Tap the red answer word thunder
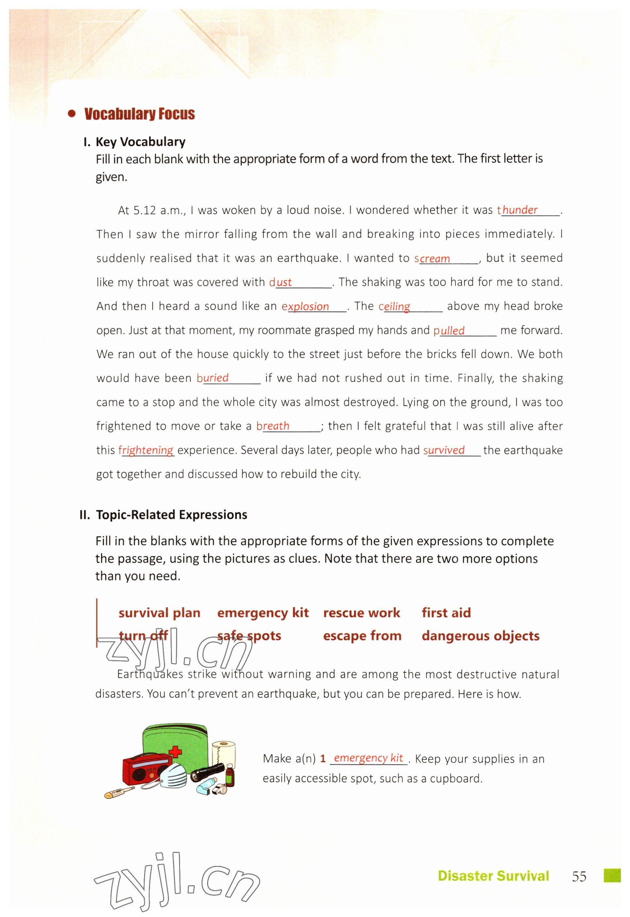click(519, 210)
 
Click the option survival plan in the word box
click(159, 613)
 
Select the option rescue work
click(362, 613)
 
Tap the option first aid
click(446, 613)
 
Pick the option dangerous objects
click(480, 636)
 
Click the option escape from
click(362, 636)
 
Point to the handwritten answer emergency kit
click(368, 758)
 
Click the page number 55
click(579, 876)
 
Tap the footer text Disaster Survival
click(493, 876)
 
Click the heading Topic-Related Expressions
click(171, 515)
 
